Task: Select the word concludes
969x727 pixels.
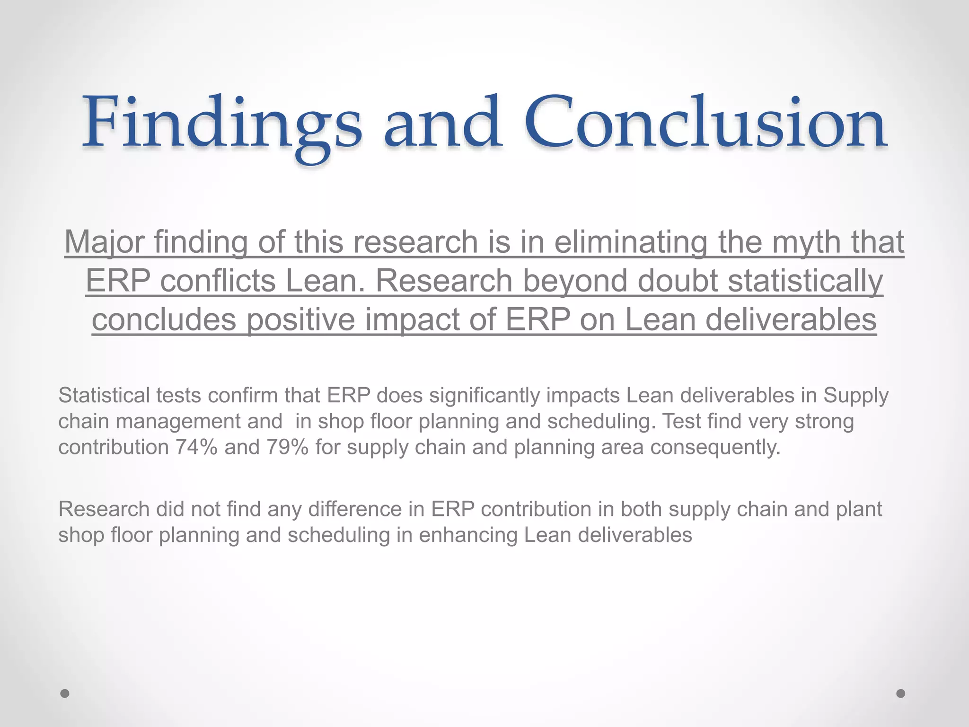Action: pos(164,319)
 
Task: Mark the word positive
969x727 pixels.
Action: pos(301,319)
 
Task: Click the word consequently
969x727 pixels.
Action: pos(715,447)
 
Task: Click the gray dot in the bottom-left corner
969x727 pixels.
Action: pos(65,693)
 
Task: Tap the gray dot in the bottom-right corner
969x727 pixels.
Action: pos(901,693)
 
